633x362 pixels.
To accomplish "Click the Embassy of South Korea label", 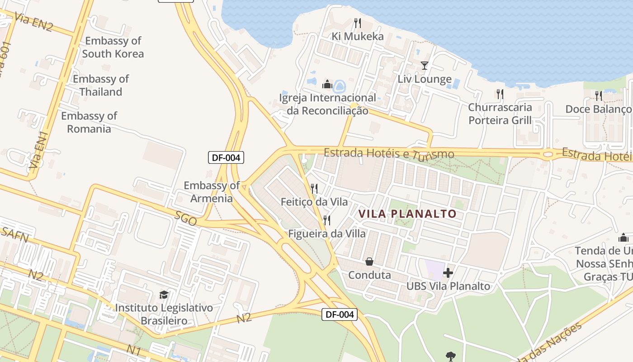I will [113, 47].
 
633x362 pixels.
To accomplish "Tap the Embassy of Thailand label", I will [101, 85].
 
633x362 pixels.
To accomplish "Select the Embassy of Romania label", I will [89, 122].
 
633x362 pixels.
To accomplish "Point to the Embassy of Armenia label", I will [212, 192].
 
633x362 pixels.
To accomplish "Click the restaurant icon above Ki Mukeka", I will [358, 23].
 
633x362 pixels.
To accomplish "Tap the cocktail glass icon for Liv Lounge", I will [424, 66].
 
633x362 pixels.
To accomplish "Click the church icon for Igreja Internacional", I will [327, 84].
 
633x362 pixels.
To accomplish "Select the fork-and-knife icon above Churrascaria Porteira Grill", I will [500, 94].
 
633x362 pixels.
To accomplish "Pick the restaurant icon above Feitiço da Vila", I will [314, 188].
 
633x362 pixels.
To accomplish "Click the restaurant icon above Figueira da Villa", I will [327, 220].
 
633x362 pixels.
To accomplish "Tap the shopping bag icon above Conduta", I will [369, 262].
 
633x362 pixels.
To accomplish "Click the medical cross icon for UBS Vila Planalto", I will [448, 273].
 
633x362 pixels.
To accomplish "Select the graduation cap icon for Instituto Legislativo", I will [164, 295].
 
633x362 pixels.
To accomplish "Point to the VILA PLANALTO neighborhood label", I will [407, 214].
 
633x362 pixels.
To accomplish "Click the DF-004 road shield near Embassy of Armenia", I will [226, 157].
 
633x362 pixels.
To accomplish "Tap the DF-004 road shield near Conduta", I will [340, 314].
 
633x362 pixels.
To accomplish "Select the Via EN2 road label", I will [33, 22].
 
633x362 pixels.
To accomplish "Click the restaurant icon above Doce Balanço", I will [599, 95].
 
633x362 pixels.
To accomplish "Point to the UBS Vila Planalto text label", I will [448, 286].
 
